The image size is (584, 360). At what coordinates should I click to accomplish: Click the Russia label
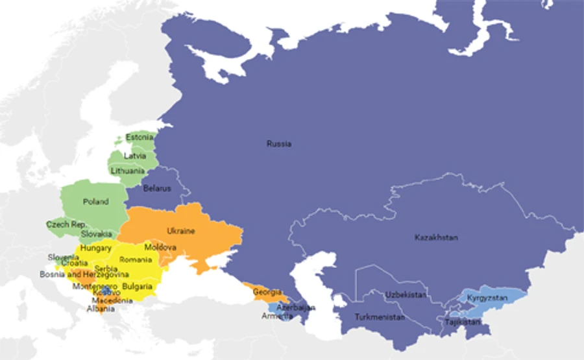(279, 143)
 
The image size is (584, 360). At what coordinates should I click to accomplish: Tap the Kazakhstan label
(436, 237)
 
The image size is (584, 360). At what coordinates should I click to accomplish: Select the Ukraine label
(181, 230)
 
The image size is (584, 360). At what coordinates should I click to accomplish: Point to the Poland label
(95, 201)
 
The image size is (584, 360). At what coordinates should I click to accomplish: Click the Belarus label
(157, 189)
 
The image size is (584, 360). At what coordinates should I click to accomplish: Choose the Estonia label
(140, 138)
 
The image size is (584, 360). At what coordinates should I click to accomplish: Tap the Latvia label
(135, 156)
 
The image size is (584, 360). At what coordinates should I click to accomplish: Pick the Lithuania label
(127, 171)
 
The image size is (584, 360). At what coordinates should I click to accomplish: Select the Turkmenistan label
(380, 317)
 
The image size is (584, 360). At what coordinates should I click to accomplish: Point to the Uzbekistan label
(406, 294)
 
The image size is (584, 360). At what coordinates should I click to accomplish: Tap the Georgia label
(267, 292)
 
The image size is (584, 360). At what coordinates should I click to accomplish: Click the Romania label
(135, 259)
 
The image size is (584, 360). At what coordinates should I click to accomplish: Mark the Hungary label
(96, 248)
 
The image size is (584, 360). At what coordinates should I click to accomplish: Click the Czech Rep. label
(66, 224)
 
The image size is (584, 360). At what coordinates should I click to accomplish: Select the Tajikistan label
(463, 321)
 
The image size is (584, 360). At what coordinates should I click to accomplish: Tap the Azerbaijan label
(296, 307)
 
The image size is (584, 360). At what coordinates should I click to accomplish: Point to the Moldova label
(160, 248)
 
